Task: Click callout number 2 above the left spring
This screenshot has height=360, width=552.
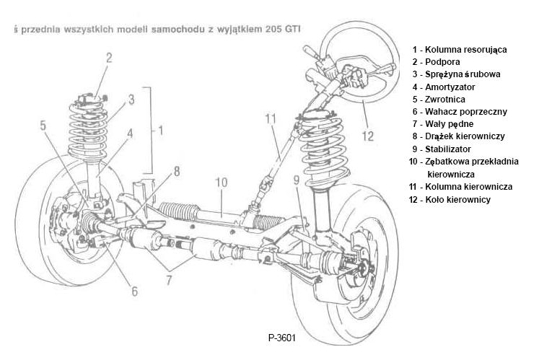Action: [109, 58]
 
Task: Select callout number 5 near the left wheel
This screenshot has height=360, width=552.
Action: [43, 124]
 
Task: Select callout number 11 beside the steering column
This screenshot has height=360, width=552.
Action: [271, 118]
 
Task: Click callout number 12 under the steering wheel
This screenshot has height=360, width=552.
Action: [368, 135]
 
